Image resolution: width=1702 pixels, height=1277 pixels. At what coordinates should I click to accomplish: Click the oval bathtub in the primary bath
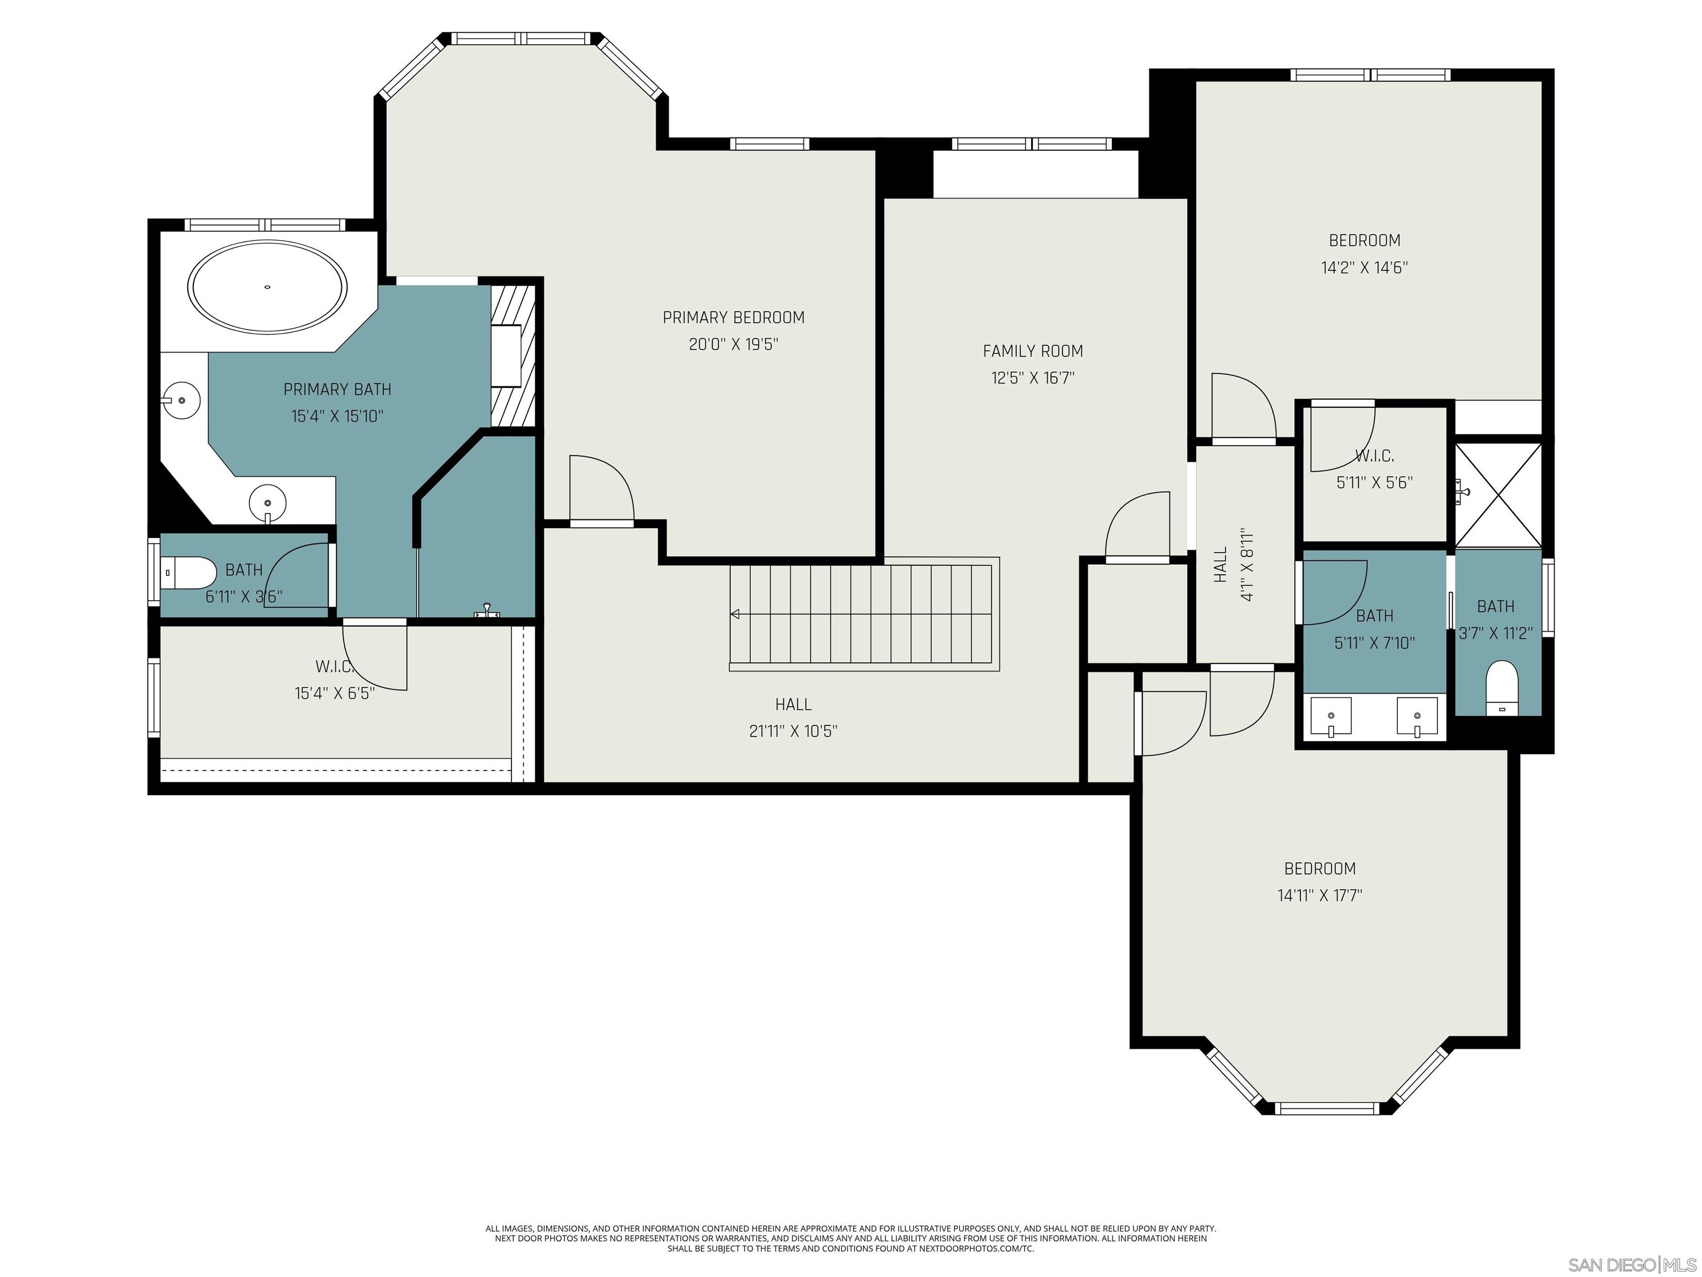coord(267,287)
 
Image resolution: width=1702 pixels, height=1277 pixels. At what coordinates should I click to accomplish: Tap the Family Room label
coord(1033,351)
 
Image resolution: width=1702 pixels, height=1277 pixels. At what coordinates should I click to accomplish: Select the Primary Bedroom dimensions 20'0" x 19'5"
coord(734,344)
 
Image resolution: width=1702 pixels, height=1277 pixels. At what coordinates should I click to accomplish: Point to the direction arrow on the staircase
coord(735,614)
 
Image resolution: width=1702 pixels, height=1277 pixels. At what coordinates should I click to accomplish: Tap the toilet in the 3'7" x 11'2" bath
coord(1501,687)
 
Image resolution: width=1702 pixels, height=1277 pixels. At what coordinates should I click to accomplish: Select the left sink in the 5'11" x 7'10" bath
coord(1330,717)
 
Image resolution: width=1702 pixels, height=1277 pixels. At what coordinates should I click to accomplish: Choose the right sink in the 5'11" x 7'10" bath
coord(1417,717)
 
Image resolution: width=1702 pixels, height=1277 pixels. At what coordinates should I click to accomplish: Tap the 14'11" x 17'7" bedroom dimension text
coord(1320,895)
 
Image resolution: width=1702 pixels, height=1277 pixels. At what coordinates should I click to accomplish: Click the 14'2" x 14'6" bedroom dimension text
coord(1364,268)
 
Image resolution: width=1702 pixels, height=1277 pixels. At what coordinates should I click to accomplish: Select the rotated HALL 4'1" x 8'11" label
coord(1233,565)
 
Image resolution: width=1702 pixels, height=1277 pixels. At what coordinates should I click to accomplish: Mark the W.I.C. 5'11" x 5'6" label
coord(1374,469)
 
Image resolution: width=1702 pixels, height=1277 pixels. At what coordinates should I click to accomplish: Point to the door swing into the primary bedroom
coord(602,489)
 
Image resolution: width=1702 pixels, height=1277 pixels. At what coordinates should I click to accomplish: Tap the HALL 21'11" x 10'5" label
coord(793,717)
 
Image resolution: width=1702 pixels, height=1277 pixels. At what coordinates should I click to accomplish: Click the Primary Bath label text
coord(337,390)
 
